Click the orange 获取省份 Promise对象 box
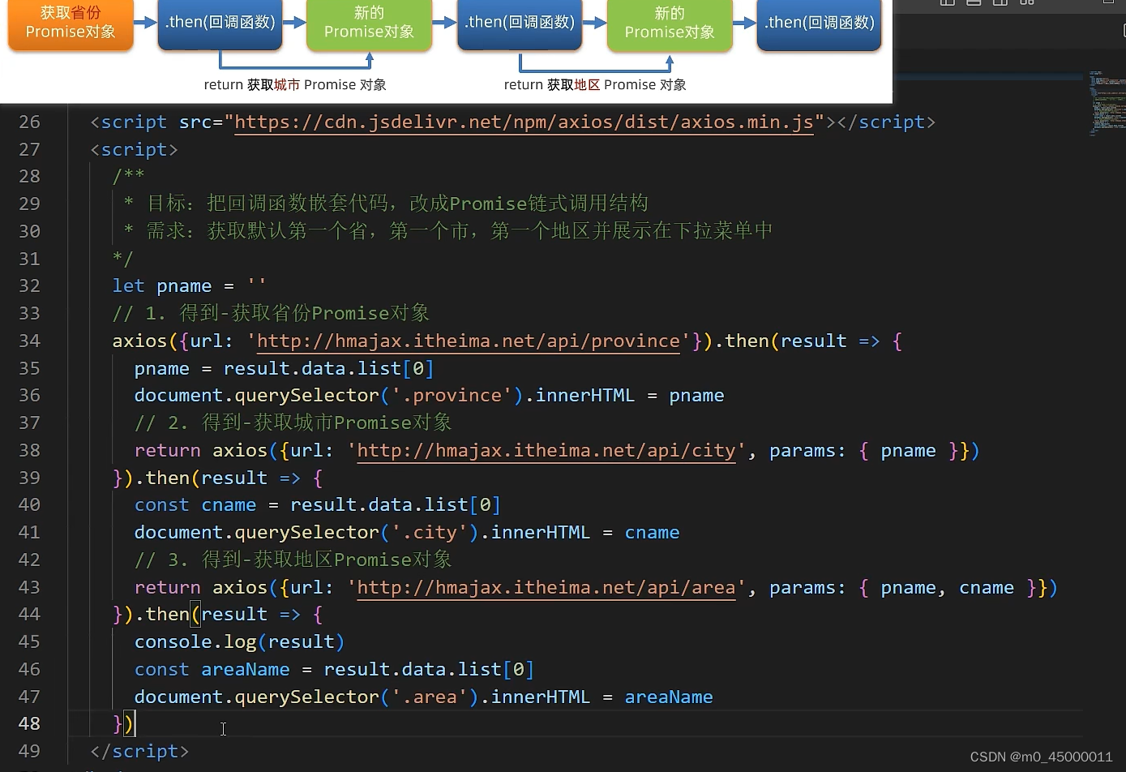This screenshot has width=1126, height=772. click(71, 23)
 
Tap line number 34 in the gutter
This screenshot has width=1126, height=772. click(29, 341)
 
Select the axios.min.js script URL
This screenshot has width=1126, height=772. click(524, 122)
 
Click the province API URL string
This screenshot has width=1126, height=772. click(468, 341)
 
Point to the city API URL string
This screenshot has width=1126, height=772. click(546, 450)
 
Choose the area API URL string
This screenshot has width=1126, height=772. click(546, 587)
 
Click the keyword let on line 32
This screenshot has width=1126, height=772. click(128, 286)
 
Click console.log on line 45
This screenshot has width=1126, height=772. click(195, 641)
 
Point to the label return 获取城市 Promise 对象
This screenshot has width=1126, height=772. click(295, 85)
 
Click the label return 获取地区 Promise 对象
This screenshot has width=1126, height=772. click(595, 85)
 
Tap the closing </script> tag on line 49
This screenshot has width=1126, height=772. click(139, 752)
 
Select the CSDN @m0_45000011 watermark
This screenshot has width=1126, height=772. click(1041, 757)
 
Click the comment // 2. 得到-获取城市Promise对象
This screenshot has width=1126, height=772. click(293, 422)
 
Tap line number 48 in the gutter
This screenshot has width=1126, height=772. click(29, 723)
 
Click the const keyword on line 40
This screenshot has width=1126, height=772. click(161, 505)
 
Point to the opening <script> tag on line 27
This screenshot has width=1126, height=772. click(134, 149)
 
